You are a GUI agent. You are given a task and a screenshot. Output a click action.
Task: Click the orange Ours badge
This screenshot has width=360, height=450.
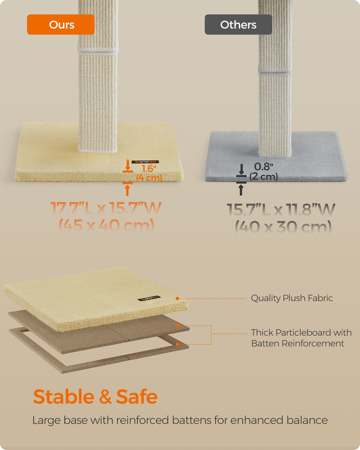[61, 25]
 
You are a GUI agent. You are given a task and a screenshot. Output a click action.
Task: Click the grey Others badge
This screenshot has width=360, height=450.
[238, 25]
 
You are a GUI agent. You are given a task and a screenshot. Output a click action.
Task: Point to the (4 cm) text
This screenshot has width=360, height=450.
[148, 178]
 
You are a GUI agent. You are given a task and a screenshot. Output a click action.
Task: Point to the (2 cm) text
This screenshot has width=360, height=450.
[263, 176]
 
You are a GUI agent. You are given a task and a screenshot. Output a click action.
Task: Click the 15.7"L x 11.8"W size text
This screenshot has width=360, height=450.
[281, 210]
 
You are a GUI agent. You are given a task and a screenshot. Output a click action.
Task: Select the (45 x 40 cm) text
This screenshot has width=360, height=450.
[106, 225]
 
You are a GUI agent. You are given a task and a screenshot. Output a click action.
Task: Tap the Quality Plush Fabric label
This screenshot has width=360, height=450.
[292, 298]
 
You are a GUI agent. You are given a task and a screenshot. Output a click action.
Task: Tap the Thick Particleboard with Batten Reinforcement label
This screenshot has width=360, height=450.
[301, 338]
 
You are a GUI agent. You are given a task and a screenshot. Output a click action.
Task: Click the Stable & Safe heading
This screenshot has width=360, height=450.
[95, 397]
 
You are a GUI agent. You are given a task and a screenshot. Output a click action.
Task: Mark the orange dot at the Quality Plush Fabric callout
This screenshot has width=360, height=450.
[178, 298]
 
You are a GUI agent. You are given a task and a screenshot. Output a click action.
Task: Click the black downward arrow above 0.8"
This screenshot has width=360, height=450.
[241, 170]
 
